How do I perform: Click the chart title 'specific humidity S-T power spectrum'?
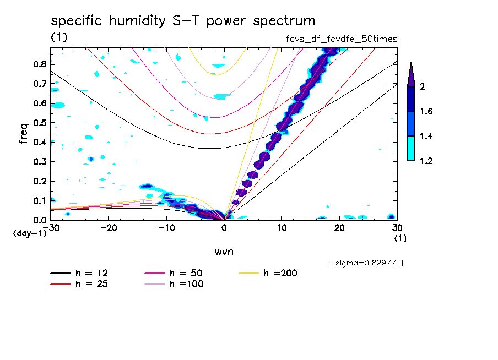[x=183, y=21]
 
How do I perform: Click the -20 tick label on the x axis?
[x=109, y=227]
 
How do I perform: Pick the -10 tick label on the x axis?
[x=166, y=227]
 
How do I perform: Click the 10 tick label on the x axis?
[x=282, y=227]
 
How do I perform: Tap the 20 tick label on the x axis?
[x=340, y=227]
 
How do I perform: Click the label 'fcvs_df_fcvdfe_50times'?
[x=338, y=39]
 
